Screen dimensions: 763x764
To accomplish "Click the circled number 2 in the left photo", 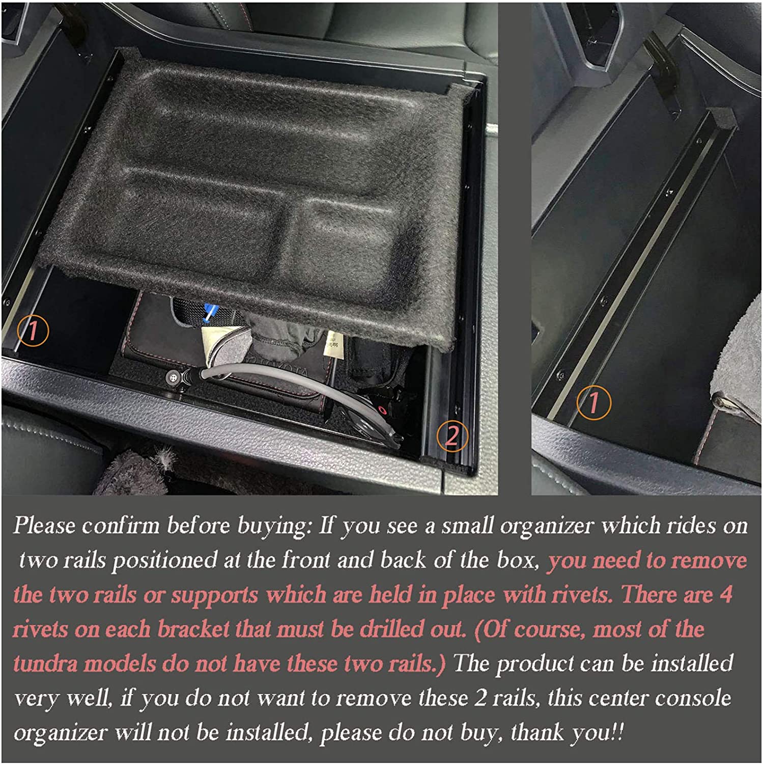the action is [x=452, y=435].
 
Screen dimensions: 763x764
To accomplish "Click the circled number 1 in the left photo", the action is [x=33, y=331].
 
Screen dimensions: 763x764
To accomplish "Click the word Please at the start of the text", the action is [x=44, y=525].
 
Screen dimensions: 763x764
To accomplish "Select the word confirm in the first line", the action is [x=121, y=525].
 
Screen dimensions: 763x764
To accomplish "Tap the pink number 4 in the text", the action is [x=726, y=594].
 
